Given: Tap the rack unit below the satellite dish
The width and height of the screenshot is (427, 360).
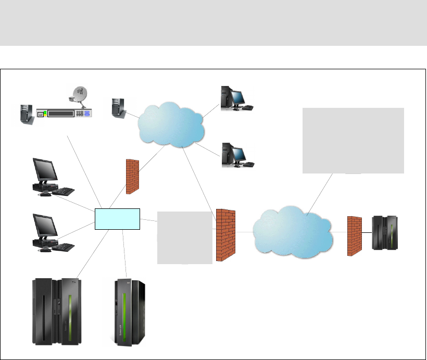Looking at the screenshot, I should point(65,113).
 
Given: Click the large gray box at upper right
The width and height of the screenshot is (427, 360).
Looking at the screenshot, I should point(353,140).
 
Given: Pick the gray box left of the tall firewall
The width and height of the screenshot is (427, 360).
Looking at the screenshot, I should point(185,237).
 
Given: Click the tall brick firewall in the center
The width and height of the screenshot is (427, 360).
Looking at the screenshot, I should point(225,234).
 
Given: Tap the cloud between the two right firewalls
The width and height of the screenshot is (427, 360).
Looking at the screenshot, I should point(293,232).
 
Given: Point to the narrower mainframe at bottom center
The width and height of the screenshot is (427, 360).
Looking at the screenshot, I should point(130,313).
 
